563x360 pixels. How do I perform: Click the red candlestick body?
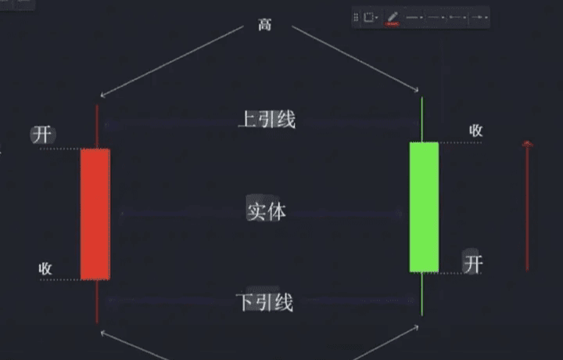coord(95,213)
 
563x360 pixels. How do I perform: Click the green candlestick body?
coord(424,207)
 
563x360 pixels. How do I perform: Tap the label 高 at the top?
coord(265,25)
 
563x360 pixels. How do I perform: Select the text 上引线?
coord(267,120)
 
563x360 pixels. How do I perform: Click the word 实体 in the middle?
coord(266,211)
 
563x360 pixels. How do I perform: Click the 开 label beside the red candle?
coord(42,134)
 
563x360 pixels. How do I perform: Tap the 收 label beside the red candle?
coord(45,268)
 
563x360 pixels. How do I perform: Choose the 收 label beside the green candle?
coord(475,131)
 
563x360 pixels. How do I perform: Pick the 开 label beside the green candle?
coord(472,264)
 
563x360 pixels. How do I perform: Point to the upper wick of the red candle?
coord(97,125)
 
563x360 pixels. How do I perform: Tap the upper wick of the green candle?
coord(422,119)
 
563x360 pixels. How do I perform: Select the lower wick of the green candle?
coord(422,293)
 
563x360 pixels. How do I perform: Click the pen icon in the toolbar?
coord(392,17)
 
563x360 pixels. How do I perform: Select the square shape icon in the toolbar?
coord(368,17)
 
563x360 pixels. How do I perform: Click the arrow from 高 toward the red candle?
coord(173,61)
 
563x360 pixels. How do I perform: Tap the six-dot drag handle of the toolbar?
coord(357,17)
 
